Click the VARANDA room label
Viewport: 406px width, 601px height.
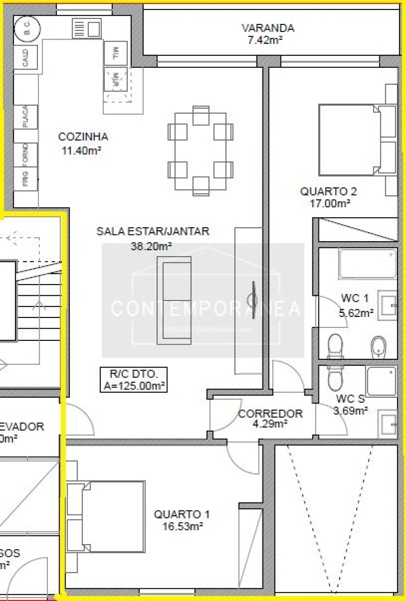268,28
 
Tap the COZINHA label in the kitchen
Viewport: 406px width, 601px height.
83,137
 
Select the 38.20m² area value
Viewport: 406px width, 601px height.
151,246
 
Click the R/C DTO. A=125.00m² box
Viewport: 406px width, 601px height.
134,380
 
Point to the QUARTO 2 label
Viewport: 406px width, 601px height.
328,191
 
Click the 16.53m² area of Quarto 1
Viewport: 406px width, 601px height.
182,526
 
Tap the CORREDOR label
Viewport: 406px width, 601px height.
270,413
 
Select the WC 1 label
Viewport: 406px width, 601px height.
355,298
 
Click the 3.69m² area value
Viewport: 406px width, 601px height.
351,410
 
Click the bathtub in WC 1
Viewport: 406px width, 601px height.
368,264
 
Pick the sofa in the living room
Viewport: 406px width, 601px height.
174,301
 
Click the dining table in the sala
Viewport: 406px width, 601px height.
201,151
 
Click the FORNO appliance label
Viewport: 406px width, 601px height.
26,153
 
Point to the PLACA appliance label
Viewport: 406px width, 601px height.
26,117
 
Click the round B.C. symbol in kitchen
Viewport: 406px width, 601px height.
27,29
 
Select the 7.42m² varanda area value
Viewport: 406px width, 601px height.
265,40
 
